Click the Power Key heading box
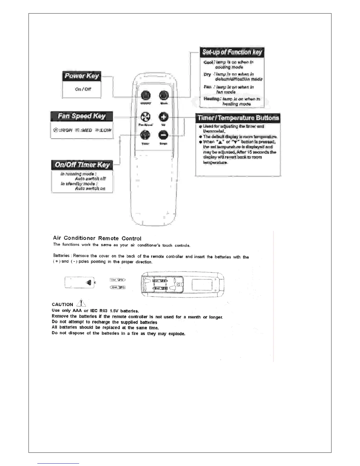(x=81, y=76)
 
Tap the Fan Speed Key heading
(x=81, y=116)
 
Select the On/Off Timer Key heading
(x=82, y=165)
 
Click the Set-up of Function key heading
(x=232, y=52)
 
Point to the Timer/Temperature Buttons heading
(x=238, y=118)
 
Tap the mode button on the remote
(x=164, y=95)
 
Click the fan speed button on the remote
(x=145, y=117)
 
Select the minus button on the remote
(x=164, y=135)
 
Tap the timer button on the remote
(x=145, y=135)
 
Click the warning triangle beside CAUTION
(x=81, y=303)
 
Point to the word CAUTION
(x=62, y=304)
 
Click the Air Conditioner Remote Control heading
(x=97, y=238)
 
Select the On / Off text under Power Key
(x=83, y=89)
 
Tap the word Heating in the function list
(x=211, y=99)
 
